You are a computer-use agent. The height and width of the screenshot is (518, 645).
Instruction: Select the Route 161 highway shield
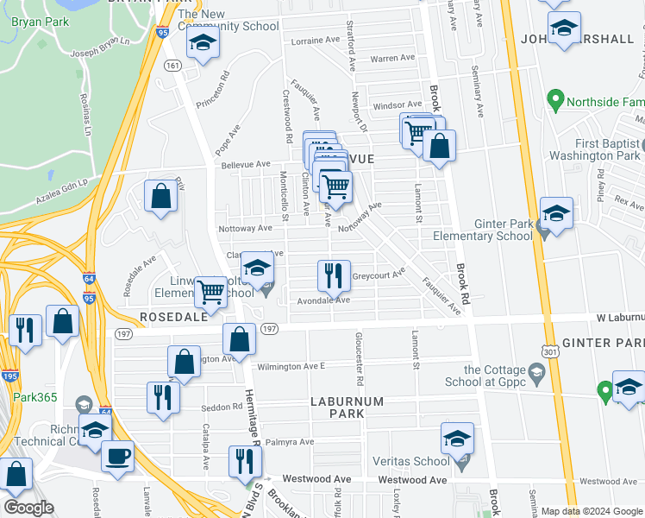[x=173, y=66]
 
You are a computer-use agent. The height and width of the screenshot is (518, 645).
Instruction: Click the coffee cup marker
[x=117, y=456]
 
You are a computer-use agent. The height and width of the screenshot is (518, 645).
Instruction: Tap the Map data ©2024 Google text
[x=591, y=511]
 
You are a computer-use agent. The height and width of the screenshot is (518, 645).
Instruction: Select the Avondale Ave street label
[x=323, y=300]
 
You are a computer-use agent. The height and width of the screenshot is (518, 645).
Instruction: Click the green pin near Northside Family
[x=556, y=101]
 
